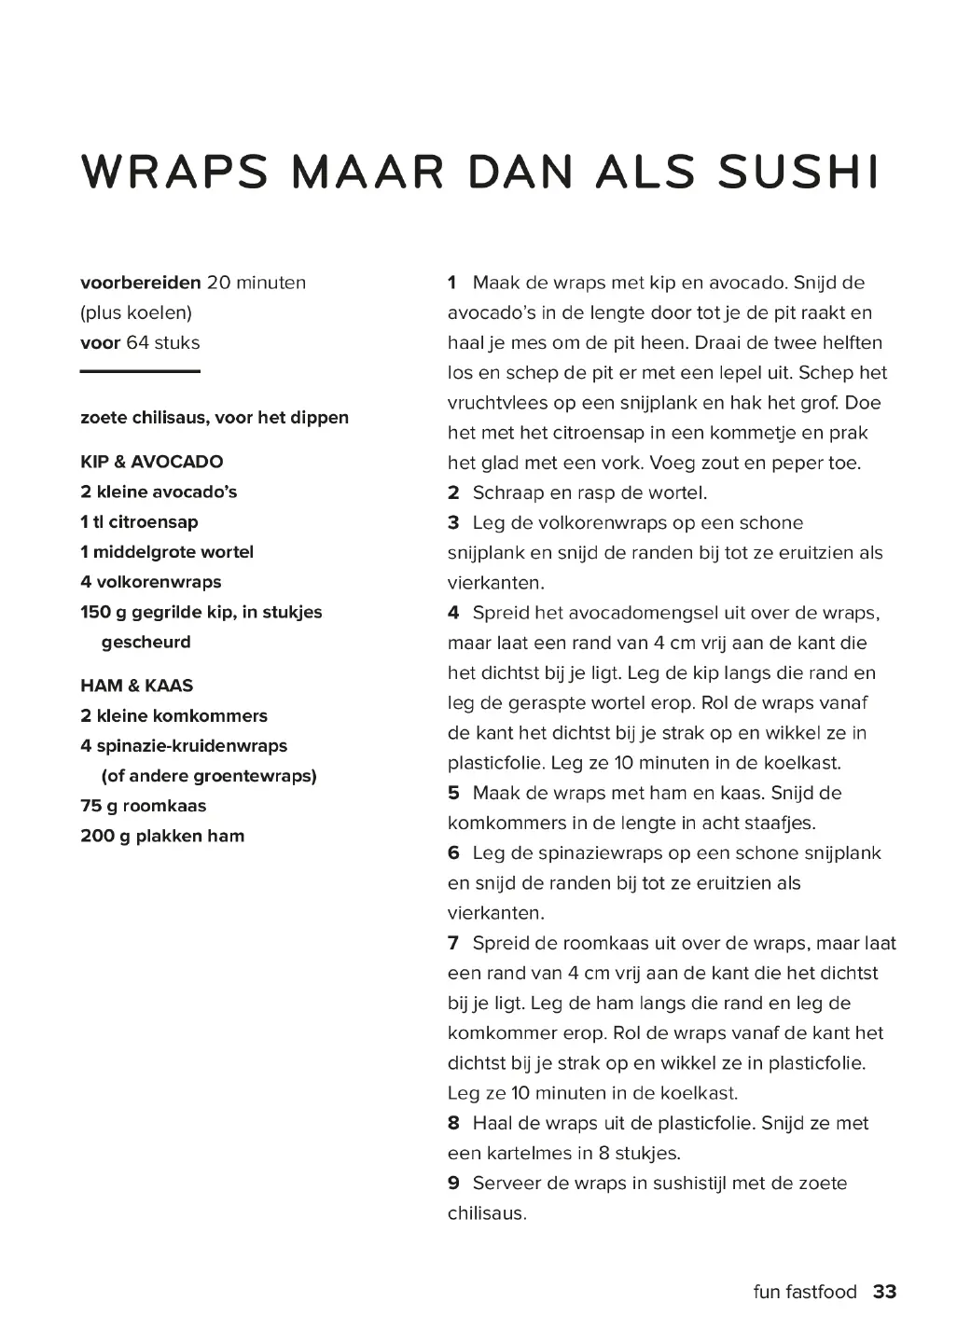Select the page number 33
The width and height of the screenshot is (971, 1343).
(x=884, y=1292)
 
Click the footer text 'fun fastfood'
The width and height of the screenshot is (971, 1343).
(x=804, y=1292)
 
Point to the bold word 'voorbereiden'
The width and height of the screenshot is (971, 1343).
(x=141, y=283)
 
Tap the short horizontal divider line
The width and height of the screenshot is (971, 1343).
(x=140, y=372)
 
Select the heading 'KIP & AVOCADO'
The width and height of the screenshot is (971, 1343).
(x=152, y=462)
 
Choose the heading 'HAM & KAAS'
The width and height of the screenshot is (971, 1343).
(x=137, y=685)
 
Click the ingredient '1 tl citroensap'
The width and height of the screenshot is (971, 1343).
(x=139, y=522)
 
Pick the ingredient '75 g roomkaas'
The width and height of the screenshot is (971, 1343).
(x=143, y=806)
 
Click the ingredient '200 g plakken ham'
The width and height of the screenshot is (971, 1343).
(x=162, y=836)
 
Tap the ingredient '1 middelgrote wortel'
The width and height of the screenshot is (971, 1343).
(x=167, y=552)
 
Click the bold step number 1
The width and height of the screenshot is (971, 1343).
(x=452, y=283)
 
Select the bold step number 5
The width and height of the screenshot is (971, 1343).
(x=453, y=793)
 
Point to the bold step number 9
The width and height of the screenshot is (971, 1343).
(x=453, y=1184)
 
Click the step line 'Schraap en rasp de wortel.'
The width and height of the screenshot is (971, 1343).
(x=590, y=492)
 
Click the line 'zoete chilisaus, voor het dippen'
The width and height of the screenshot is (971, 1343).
(x=215, y=418)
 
